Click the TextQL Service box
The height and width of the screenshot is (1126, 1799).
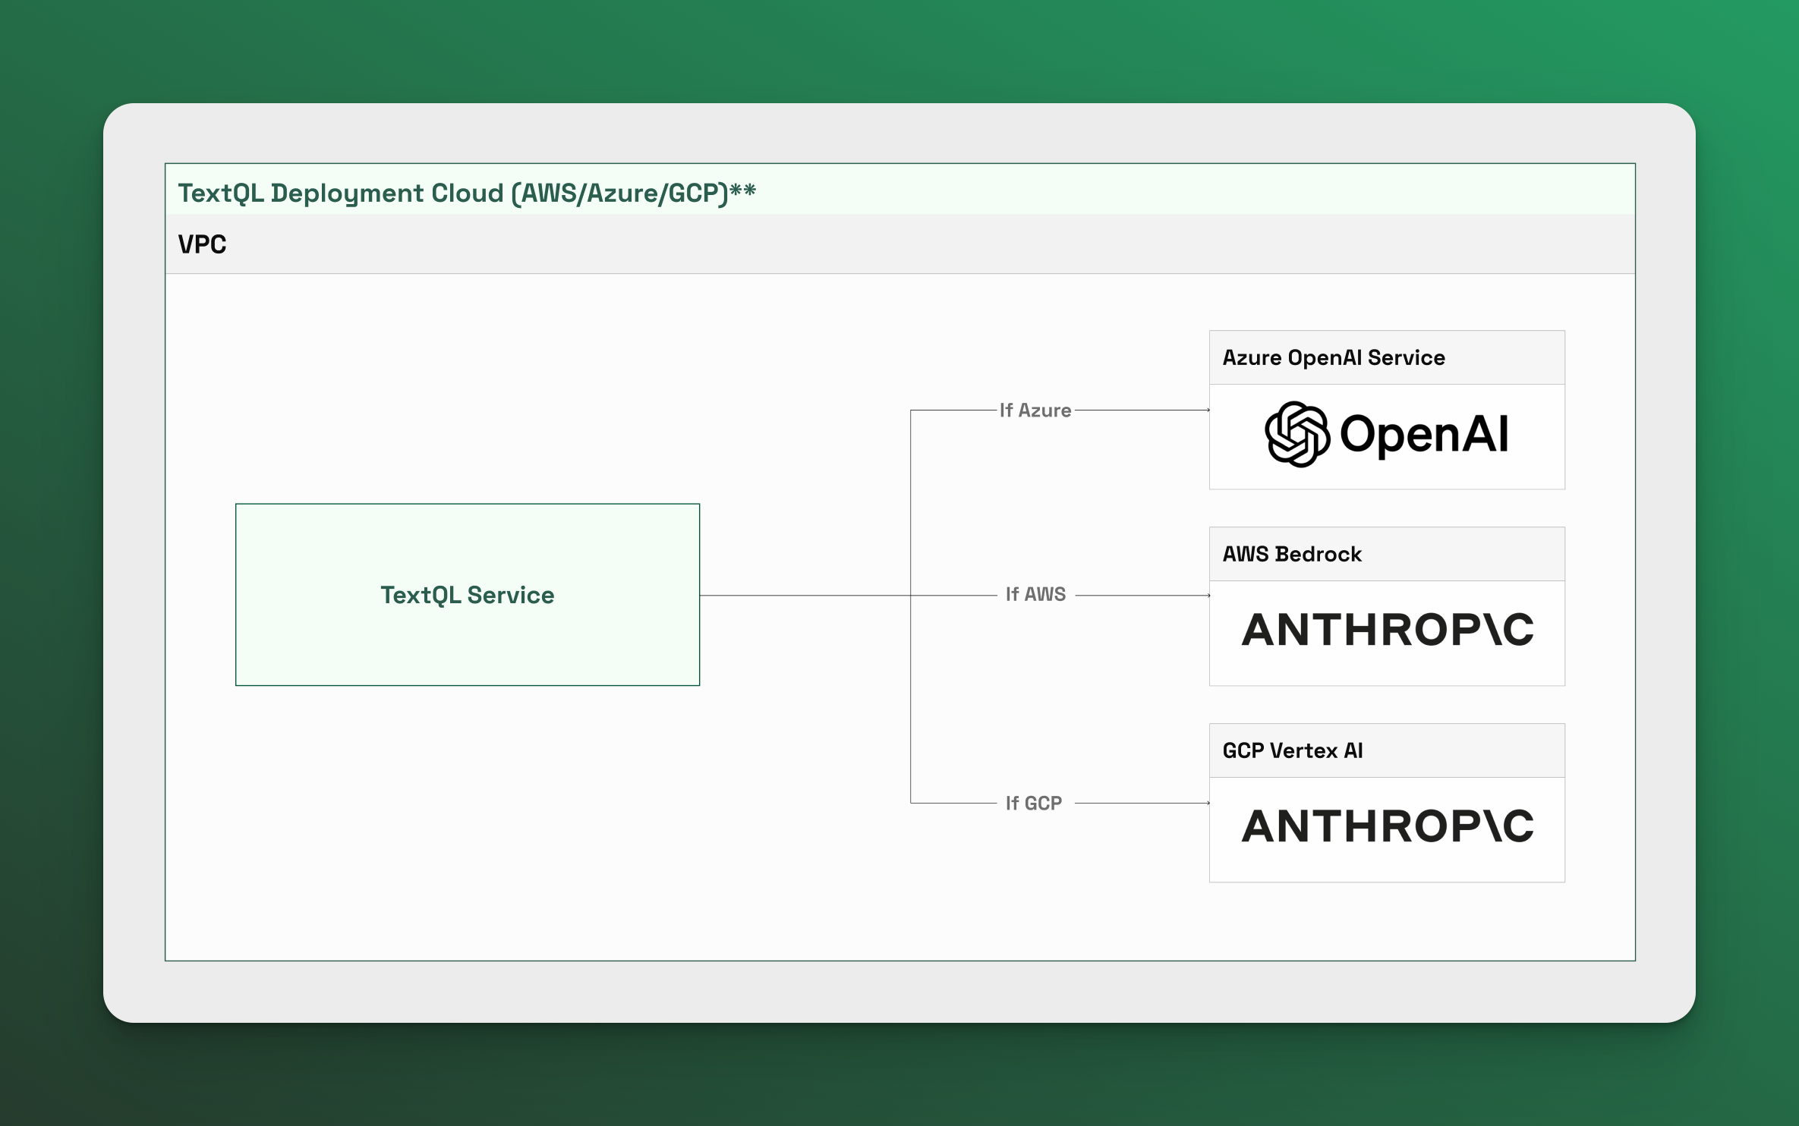click(x=468, y=595)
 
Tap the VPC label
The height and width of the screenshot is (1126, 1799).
click(x=202, y=244)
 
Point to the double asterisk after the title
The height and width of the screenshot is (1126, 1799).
click(x=742, y=190)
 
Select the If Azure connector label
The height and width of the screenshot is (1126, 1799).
click(x=1035, y=410)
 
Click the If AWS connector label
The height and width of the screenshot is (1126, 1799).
click(x=1035, y=594)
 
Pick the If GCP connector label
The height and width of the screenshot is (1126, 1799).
click(x=1034, y=803)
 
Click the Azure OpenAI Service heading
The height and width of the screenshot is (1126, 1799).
click(x=1334, y=357)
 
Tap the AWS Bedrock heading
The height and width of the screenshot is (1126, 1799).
click(x=1292, y=554)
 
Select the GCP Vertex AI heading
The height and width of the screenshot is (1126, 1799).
click(x=1293, y=750)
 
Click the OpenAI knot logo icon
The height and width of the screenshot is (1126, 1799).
click(x=1297, y=434)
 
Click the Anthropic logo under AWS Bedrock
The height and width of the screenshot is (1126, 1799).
click(x=1388, y=630)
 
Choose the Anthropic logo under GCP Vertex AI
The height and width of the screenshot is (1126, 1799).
click(x=1388, y=826)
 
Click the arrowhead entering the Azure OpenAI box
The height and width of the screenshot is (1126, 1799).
click(x=1208, y=410)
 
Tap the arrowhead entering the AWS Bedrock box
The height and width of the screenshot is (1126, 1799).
click(x=1208, y=596)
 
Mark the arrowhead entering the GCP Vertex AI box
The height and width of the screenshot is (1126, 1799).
click(x=1208, y=803)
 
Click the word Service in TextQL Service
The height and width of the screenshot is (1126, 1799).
click(x=511, y=595)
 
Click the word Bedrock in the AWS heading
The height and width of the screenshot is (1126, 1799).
click(x=1319, y=554)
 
